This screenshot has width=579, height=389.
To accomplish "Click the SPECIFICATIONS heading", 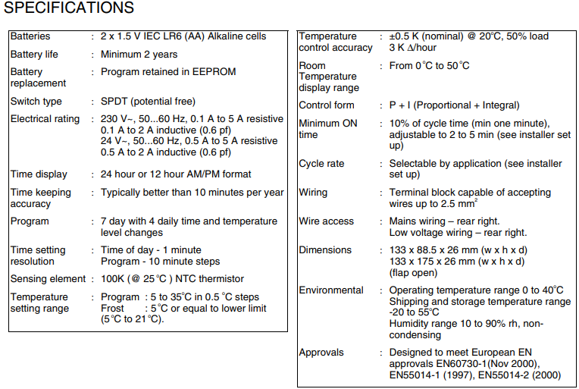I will (69, 8).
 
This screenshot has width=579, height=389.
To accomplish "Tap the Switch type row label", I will (36, 102).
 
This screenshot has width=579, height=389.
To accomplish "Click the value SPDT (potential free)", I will (148, 102).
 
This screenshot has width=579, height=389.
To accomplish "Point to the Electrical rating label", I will (45, 119).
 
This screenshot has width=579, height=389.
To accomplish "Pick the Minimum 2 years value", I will (139, 55).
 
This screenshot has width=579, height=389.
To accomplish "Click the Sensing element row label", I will (48, 279).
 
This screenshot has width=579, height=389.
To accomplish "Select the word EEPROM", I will (215, 72).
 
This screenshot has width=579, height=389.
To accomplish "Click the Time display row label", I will (39, 174).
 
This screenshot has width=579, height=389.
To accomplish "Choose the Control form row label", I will (326, 105).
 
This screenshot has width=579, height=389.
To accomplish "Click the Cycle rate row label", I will (322, 164).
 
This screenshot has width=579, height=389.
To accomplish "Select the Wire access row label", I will (326, 221).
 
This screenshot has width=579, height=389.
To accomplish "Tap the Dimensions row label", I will (325, 250).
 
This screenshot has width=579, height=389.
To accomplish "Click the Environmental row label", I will (331, 290).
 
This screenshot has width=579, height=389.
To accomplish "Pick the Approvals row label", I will (321, 353).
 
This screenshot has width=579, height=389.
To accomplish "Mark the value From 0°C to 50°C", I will (429, 66).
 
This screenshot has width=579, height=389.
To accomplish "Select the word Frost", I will (112, 309).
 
